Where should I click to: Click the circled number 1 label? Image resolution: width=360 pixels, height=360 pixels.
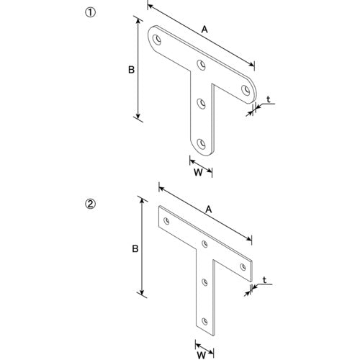[91, 13]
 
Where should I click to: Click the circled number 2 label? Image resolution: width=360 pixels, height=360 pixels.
[91, 204]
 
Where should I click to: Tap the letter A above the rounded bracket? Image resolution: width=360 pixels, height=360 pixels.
[204, 30]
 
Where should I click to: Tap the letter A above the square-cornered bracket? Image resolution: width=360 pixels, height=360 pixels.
[209, 210]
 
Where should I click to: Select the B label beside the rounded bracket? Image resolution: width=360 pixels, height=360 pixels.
[131, 70]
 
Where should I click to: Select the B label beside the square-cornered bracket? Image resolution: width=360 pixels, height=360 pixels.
[135, 248]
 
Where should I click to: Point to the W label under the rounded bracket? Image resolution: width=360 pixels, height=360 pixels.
[198, 172]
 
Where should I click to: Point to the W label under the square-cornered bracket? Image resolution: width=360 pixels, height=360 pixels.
[202, 354]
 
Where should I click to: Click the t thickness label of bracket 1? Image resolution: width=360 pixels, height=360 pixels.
[269, 99]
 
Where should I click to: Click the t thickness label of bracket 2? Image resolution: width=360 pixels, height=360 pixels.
[264, 280]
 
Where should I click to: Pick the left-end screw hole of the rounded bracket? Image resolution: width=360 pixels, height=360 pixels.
[157, 40]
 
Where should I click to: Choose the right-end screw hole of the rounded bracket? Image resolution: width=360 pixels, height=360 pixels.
[246, 90]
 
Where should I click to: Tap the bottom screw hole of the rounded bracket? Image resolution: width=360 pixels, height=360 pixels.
[201, 144]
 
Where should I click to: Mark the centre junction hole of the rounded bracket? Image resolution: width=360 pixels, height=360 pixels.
[201, 65]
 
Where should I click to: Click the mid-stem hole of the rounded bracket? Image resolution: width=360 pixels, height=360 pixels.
[201, 104]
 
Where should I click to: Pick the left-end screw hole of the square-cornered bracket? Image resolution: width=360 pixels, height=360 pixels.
[166, 221]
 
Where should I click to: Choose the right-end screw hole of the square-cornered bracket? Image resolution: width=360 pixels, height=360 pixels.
[243, 267]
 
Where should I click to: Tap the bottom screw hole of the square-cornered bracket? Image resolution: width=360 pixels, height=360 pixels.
[204, 321]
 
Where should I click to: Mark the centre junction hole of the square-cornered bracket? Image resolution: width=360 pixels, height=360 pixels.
[204, 244]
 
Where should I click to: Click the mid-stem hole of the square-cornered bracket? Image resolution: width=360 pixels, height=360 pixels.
[204, 282]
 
